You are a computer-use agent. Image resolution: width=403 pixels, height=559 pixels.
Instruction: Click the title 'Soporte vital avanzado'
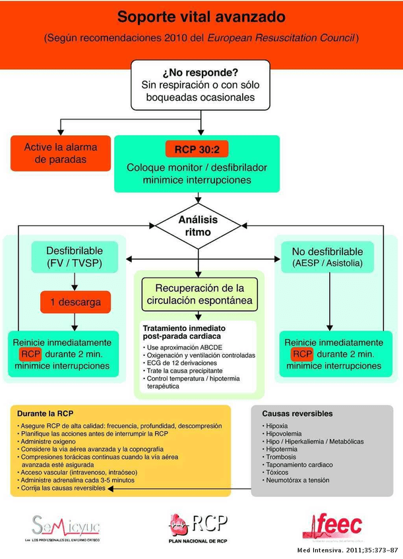point(201,16)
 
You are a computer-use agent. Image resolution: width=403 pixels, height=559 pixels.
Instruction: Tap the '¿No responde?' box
point(201,84)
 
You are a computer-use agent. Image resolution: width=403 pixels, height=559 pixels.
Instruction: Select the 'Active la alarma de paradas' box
point(60,153)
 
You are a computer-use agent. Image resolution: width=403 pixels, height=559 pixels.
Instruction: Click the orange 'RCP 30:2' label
point(197,150)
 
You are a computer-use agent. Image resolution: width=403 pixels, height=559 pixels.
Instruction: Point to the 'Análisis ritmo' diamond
point(198,225)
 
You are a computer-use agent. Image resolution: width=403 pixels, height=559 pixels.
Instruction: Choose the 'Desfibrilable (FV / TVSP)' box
point(75,258)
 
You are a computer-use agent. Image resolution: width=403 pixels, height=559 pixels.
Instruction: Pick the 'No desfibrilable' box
point(327,258)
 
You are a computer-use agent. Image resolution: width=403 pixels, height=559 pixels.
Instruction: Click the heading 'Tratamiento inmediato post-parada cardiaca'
point(184,332)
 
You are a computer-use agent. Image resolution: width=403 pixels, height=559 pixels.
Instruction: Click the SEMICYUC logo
point(65,527)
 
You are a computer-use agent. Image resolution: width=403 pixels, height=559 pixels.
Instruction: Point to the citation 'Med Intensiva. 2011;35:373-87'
point(348,548)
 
